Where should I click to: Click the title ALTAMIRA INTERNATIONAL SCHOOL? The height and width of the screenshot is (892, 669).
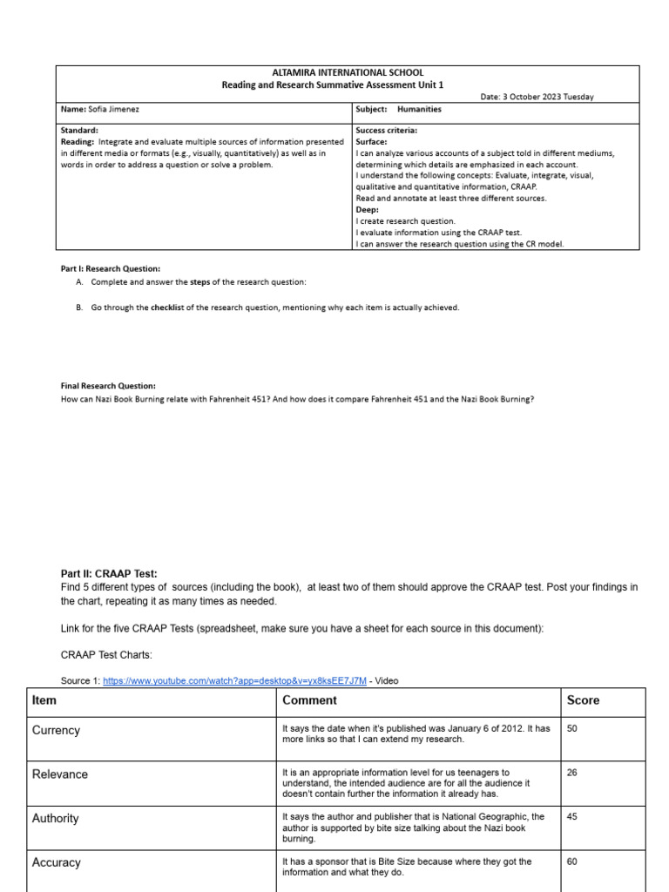click(x=348, y=72)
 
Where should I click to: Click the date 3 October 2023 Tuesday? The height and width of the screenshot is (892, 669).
click(x=537, y=97)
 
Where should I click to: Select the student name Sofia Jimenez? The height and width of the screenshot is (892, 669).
click(x=112, y=110)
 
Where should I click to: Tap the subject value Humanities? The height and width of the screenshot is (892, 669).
click(x=419, y=110)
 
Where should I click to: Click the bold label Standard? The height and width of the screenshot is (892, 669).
click(x=78, y=130)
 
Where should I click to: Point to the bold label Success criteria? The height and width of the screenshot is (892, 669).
click(x=386, y=130)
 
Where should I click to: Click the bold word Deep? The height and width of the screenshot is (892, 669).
click(x=368, y=210)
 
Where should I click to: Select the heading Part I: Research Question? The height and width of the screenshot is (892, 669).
click(x=110, y=269)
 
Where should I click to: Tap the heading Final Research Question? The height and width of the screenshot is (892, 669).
click(x=108, y=385)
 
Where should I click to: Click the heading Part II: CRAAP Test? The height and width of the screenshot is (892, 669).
click(x=109, y=573)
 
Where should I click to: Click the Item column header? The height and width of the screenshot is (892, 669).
click(x=44, y=700)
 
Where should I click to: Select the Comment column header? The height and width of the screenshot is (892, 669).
click(x=309, y=700)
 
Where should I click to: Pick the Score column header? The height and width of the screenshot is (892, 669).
click(x=583, y=700)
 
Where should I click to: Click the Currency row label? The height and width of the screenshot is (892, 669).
click(x=56, y=730)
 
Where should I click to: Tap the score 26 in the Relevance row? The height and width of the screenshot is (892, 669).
click(x=572, y=772)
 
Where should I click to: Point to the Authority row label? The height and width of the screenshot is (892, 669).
click(x=55, y=818)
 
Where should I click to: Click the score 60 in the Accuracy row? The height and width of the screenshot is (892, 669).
click(x=572, y=862)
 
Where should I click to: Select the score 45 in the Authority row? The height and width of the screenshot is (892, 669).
click(x=572, y=816)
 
